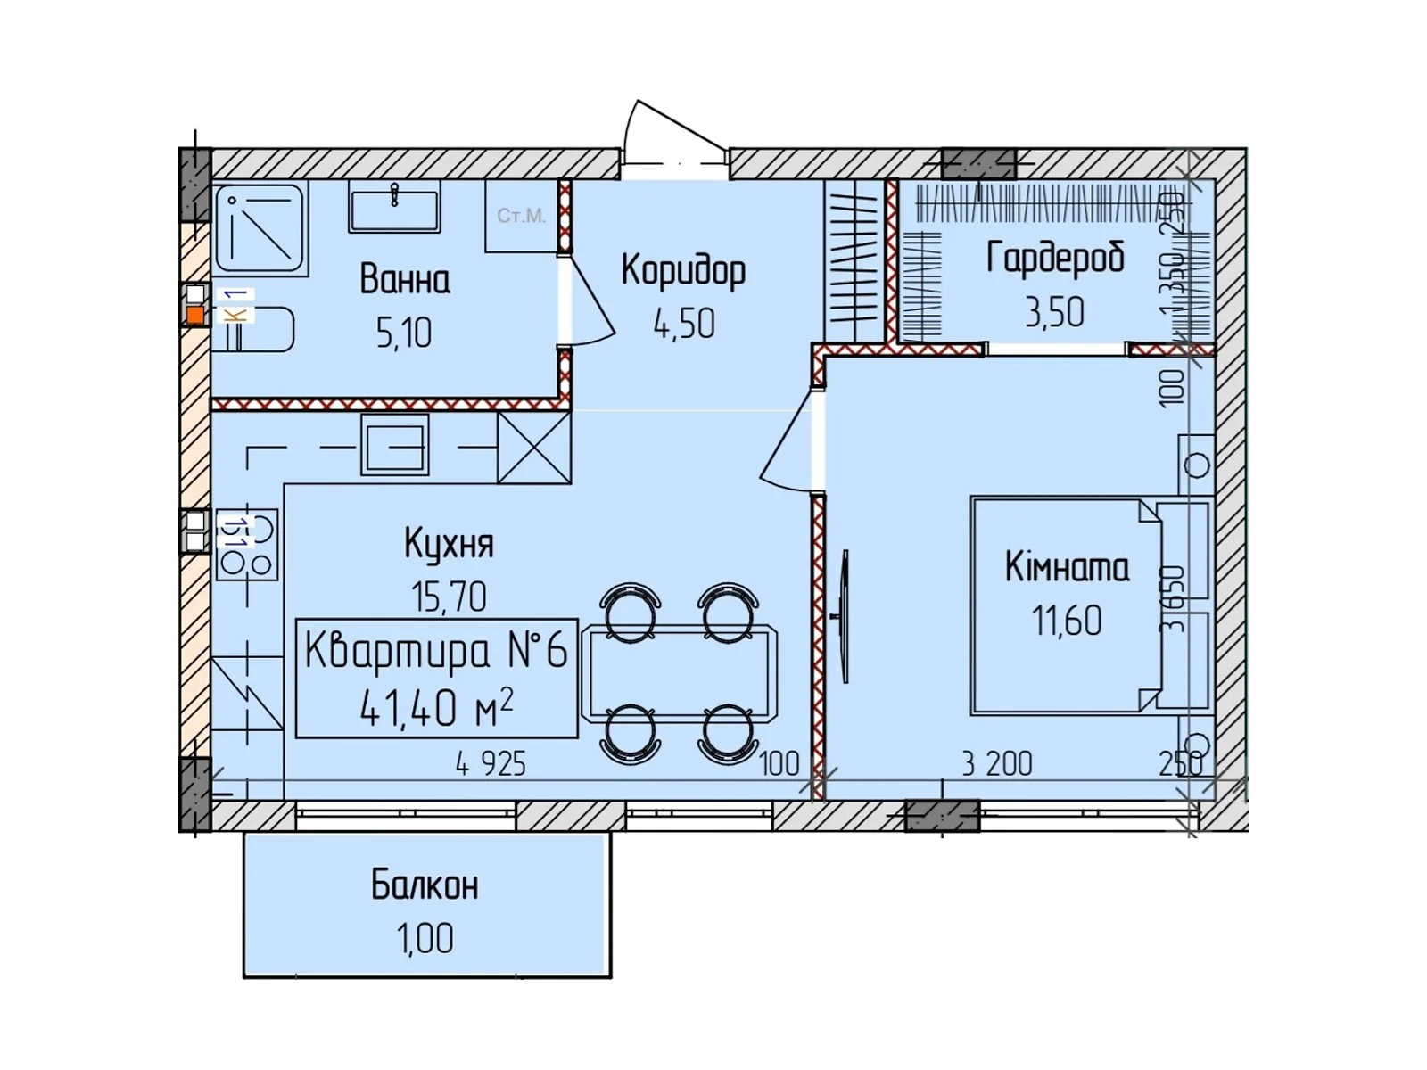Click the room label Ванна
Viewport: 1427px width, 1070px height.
(404, 280)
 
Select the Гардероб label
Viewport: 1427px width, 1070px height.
(1055, 259)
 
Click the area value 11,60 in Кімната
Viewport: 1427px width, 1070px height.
(1067, 621)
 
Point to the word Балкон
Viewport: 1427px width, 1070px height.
(425, 885)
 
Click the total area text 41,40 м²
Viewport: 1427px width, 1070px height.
(436, 708)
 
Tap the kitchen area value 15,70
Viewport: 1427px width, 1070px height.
(449, 597)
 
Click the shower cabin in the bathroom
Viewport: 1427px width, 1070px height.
(260, 228)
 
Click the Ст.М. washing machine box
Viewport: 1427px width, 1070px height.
(522, 216)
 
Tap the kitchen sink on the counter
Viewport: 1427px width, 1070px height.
(394, 444)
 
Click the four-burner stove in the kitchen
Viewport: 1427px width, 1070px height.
(246, 545)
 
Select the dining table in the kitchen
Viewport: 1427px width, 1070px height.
(679, 673)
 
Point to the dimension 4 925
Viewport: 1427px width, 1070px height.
(491, 764)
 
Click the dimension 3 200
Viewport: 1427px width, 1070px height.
(996, 764)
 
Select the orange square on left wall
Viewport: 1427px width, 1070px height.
(194, 315)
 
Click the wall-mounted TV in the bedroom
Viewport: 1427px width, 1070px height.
(842, 616)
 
